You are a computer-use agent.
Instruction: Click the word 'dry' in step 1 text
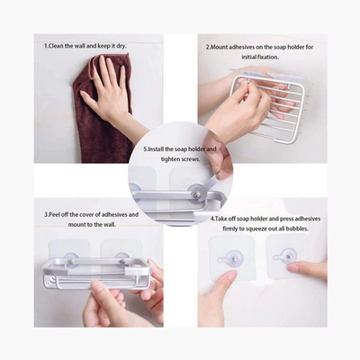121,47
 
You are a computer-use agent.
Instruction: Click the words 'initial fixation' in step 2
260,57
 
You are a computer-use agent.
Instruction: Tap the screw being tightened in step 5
198,195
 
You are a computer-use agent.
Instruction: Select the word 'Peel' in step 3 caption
55,215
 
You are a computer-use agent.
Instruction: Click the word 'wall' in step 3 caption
110,224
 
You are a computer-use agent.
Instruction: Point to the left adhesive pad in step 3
69,251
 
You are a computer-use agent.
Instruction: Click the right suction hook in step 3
122,259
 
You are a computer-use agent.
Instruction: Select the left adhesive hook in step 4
231,258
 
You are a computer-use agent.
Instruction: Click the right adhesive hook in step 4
285,256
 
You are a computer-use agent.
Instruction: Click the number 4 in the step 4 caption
212,219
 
